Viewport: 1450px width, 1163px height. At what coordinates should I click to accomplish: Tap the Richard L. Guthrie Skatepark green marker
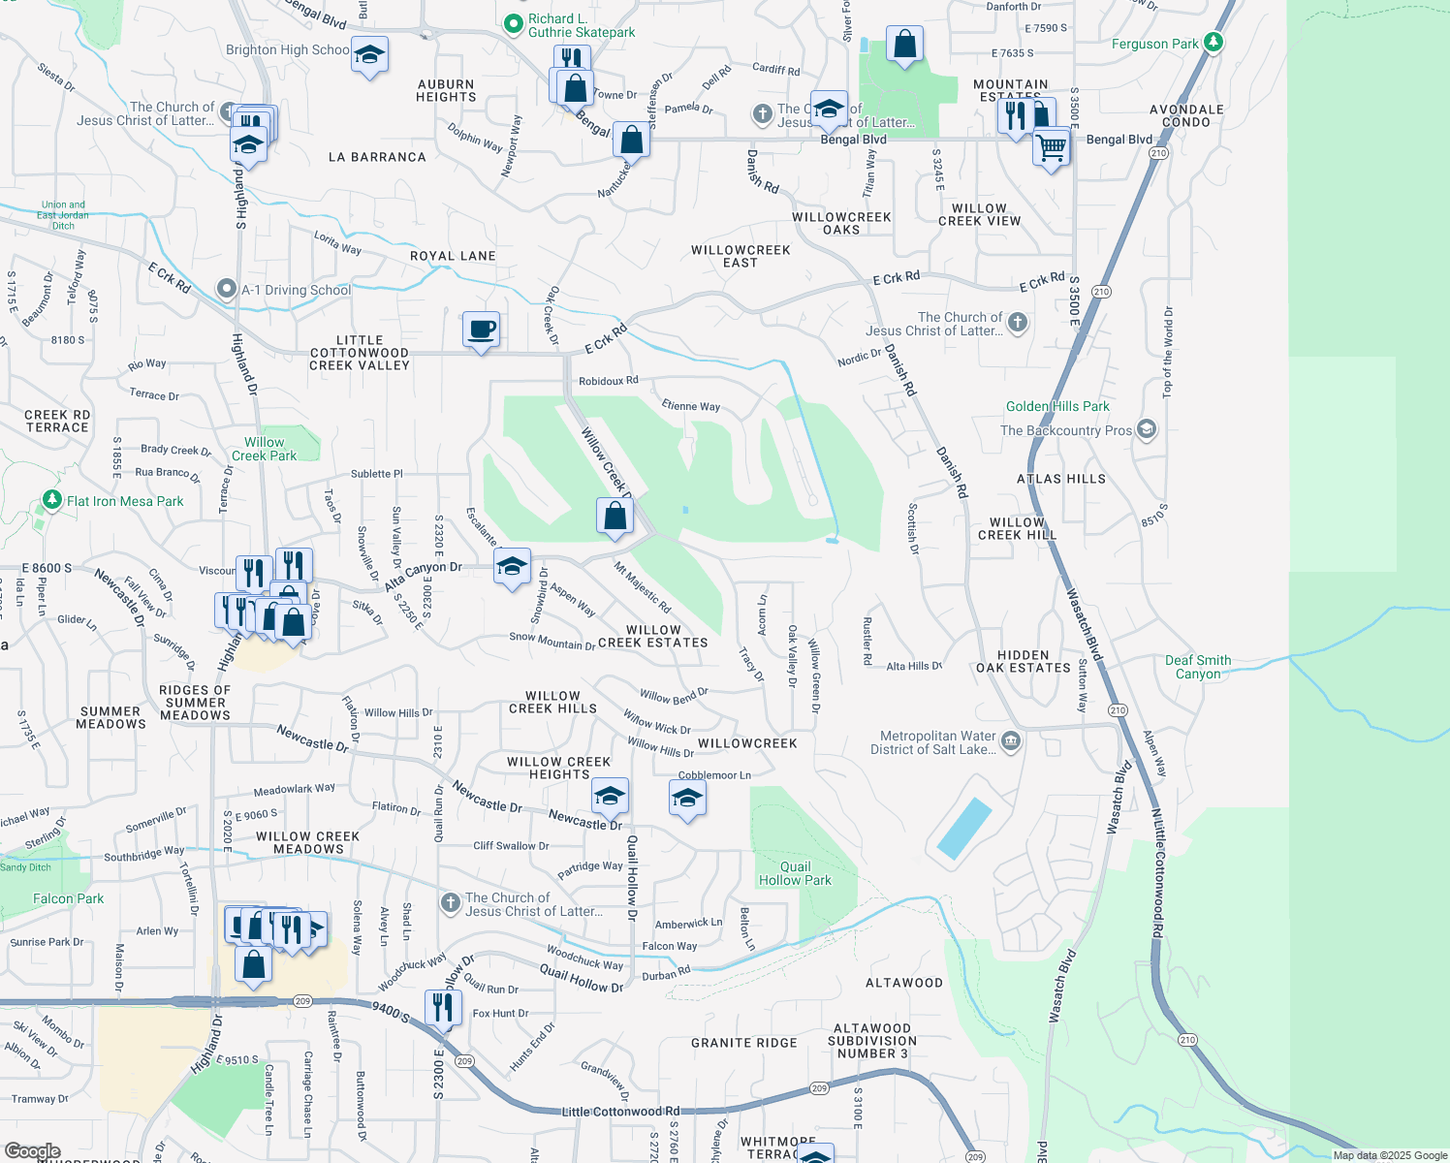coord(513,22)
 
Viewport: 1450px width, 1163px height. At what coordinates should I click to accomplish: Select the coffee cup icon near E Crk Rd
coord(481,330)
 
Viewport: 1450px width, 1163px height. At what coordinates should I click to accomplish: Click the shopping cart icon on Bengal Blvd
coord(1051,148)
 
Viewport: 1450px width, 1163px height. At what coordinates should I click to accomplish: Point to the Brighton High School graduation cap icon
coord(368,54)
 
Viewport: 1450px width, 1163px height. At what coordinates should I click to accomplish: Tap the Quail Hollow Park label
coord(795,873)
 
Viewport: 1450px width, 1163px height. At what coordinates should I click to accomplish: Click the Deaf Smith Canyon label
coord(1198,667)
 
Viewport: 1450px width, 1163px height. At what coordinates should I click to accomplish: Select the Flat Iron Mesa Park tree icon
coord(51,501)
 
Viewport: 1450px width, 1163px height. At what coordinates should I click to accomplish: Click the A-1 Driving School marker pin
coord(227,289)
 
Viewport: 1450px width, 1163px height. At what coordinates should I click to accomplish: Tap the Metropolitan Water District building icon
coord(1010,742)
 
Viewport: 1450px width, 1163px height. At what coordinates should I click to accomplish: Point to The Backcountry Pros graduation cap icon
coord(1147,429)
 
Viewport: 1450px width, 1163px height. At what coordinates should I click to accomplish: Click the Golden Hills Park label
coord(1057,406)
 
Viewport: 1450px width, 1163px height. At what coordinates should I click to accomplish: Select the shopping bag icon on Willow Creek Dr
coord(615,515)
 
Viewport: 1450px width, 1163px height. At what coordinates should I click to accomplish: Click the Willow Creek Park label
coord(265,449)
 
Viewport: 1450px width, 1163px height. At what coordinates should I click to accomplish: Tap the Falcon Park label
coord(68,898)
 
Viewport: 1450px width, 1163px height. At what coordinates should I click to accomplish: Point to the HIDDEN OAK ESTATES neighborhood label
coord(1023,661)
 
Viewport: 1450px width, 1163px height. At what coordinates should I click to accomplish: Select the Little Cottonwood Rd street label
coord(620,1112)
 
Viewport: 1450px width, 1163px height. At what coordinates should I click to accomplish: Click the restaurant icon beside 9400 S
coord(441,1007)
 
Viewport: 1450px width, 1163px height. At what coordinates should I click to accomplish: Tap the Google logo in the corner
coord(32,1151)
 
